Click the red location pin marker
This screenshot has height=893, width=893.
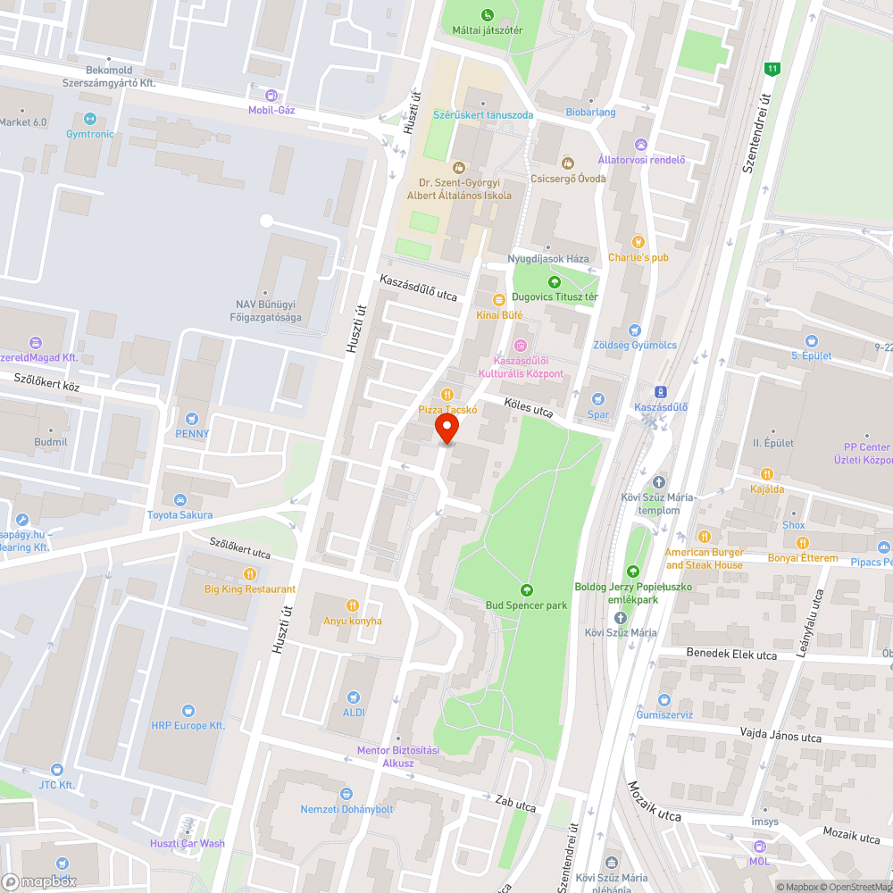(446, 429)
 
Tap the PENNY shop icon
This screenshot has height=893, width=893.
(192, 418)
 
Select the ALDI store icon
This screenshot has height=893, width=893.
(354, 696)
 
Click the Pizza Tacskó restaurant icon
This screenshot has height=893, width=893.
(447, 394)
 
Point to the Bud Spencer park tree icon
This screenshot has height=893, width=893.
(527, 589)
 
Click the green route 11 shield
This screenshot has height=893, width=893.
(772, 69)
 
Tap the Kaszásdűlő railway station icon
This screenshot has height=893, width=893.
(660, 391)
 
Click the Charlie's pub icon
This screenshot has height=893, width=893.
(638, 241)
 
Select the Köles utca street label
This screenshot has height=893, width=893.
(529, 407)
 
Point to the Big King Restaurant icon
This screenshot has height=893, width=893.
(250, 573)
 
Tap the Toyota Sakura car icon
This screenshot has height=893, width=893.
(180, 499)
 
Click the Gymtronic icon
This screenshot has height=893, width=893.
(89, 119)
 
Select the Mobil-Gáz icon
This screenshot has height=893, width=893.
(271, 96)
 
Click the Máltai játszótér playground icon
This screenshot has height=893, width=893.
(487, 14)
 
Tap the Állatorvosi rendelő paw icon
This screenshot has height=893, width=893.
(641, 144)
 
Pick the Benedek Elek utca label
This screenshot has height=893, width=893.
(731, 654)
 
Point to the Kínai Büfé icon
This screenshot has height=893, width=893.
(498, 299)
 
